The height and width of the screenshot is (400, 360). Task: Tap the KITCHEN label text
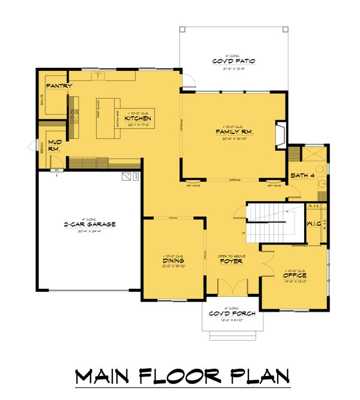(x=137, y=119)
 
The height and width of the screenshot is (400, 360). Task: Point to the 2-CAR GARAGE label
(x=90, y=224)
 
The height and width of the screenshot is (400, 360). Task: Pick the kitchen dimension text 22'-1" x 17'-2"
(x=137, y=126)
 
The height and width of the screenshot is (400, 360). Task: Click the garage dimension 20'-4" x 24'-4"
(x=90, y=231)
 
